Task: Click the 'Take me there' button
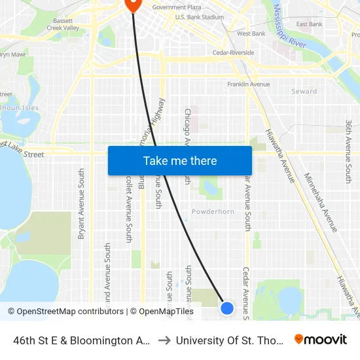[x=180, y=160]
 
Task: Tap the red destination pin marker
[x=133, y=5]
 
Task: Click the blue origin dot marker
[x=227, y=308]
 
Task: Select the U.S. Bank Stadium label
[x=200, y=17]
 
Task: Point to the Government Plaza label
[x=176, y=7]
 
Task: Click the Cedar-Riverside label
[x=233, y=52]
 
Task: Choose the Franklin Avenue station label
[x=249, y=84]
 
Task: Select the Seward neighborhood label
[x=304, y=92]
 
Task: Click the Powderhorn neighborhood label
[x=212, y=211]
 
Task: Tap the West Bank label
[x=251, y=33]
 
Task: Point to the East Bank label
[x=309, y=24]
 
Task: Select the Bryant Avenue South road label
[x=82, y=204]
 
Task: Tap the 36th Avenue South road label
[x=349, y=152]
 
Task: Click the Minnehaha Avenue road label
[x=321, y=202]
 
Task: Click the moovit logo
[x=321, y=339]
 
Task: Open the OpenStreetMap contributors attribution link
[x=66, y=312]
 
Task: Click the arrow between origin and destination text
[x=164, y=340]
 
